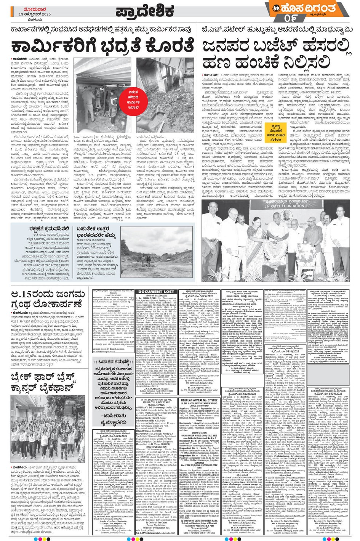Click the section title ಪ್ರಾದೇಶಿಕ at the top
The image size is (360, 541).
click(145, 11)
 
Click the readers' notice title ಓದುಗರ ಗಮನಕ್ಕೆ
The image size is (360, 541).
click(113, 362)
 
